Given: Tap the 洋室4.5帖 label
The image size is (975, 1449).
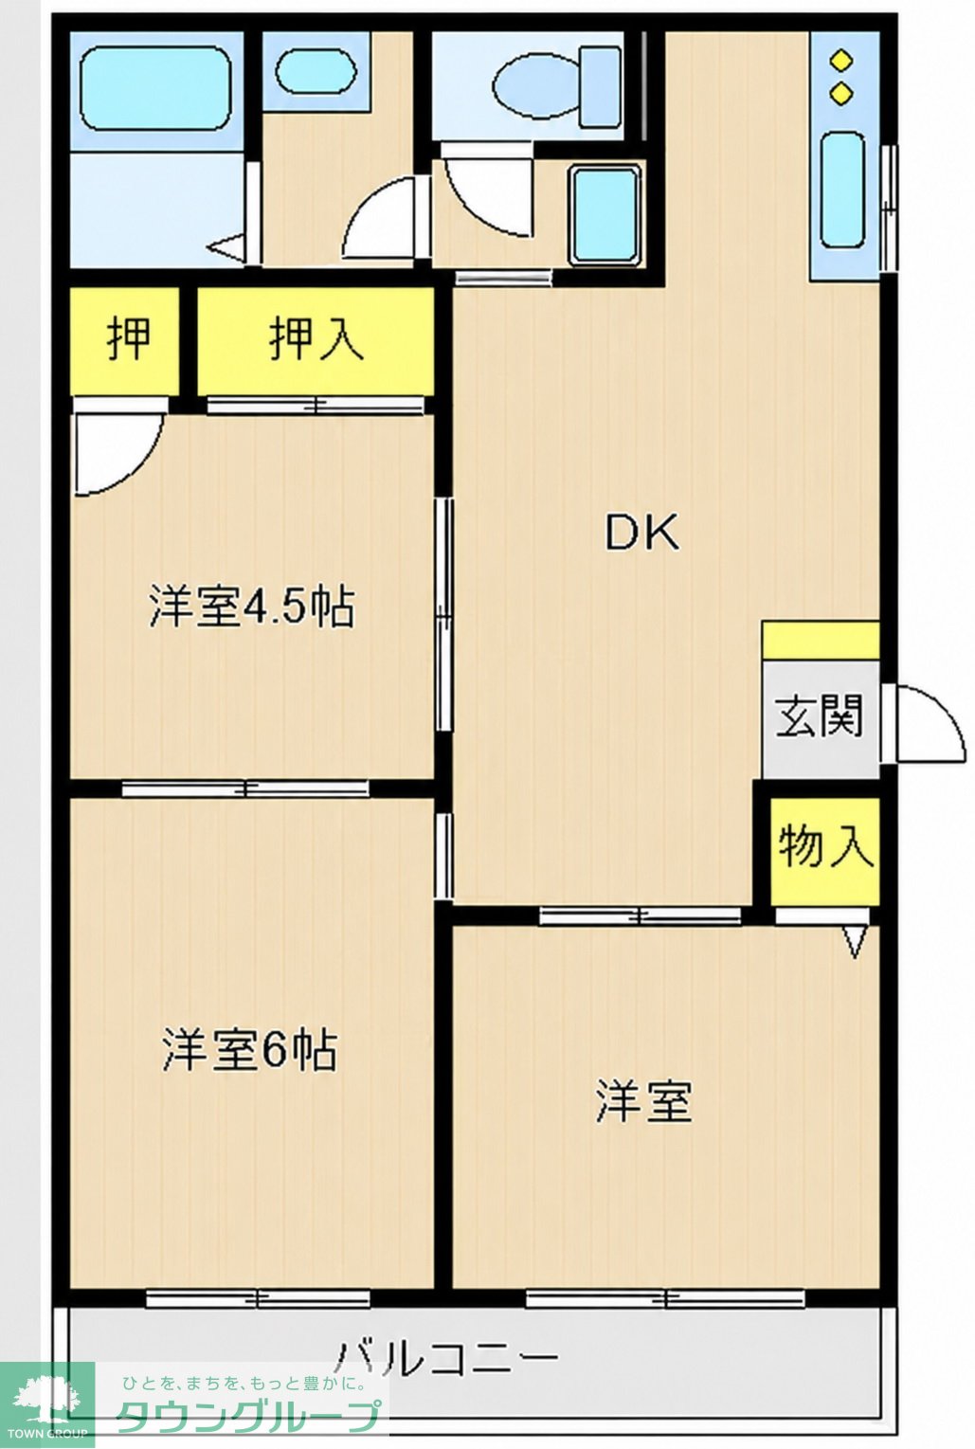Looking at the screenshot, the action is tap(252, 607).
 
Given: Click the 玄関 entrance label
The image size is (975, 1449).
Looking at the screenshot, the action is tap(820, 716).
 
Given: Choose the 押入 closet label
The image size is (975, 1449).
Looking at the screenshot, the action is tap(316, 337).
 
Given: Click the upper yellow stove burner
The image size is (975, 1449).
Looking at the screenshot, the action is tap(840, 62).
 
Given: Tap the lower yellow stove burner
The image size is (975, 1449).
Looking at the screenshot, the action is tap(840, 95).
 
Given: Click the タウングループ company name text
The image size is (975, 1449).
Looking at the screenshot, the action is tap(248, 1418).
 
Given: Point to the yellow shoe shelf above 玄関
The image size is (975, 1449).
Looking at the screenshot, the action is tap(821, 641).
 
